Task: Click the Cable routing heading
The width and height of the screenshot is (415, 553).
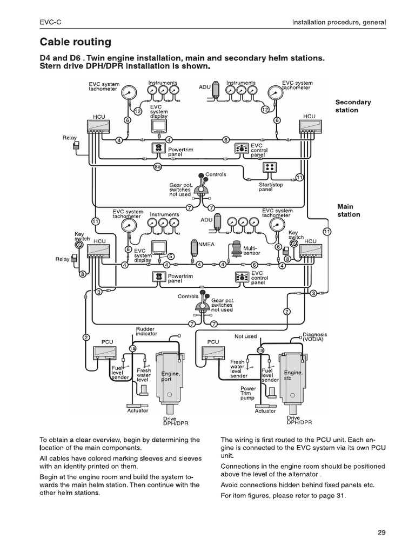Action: point(76,42)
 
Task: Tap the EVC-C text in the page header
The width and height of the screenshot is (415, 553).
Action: point(50,23)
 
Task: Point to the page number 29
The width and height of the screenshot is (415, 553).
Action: point(381,533)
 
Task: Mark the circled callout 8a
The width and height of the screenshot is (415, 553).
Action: point(157,167)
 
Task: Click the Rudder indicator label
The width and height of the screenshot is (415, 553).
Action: point(146,331)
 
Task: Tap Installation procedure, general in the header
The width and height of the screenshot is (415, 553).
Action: point(339,23)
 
